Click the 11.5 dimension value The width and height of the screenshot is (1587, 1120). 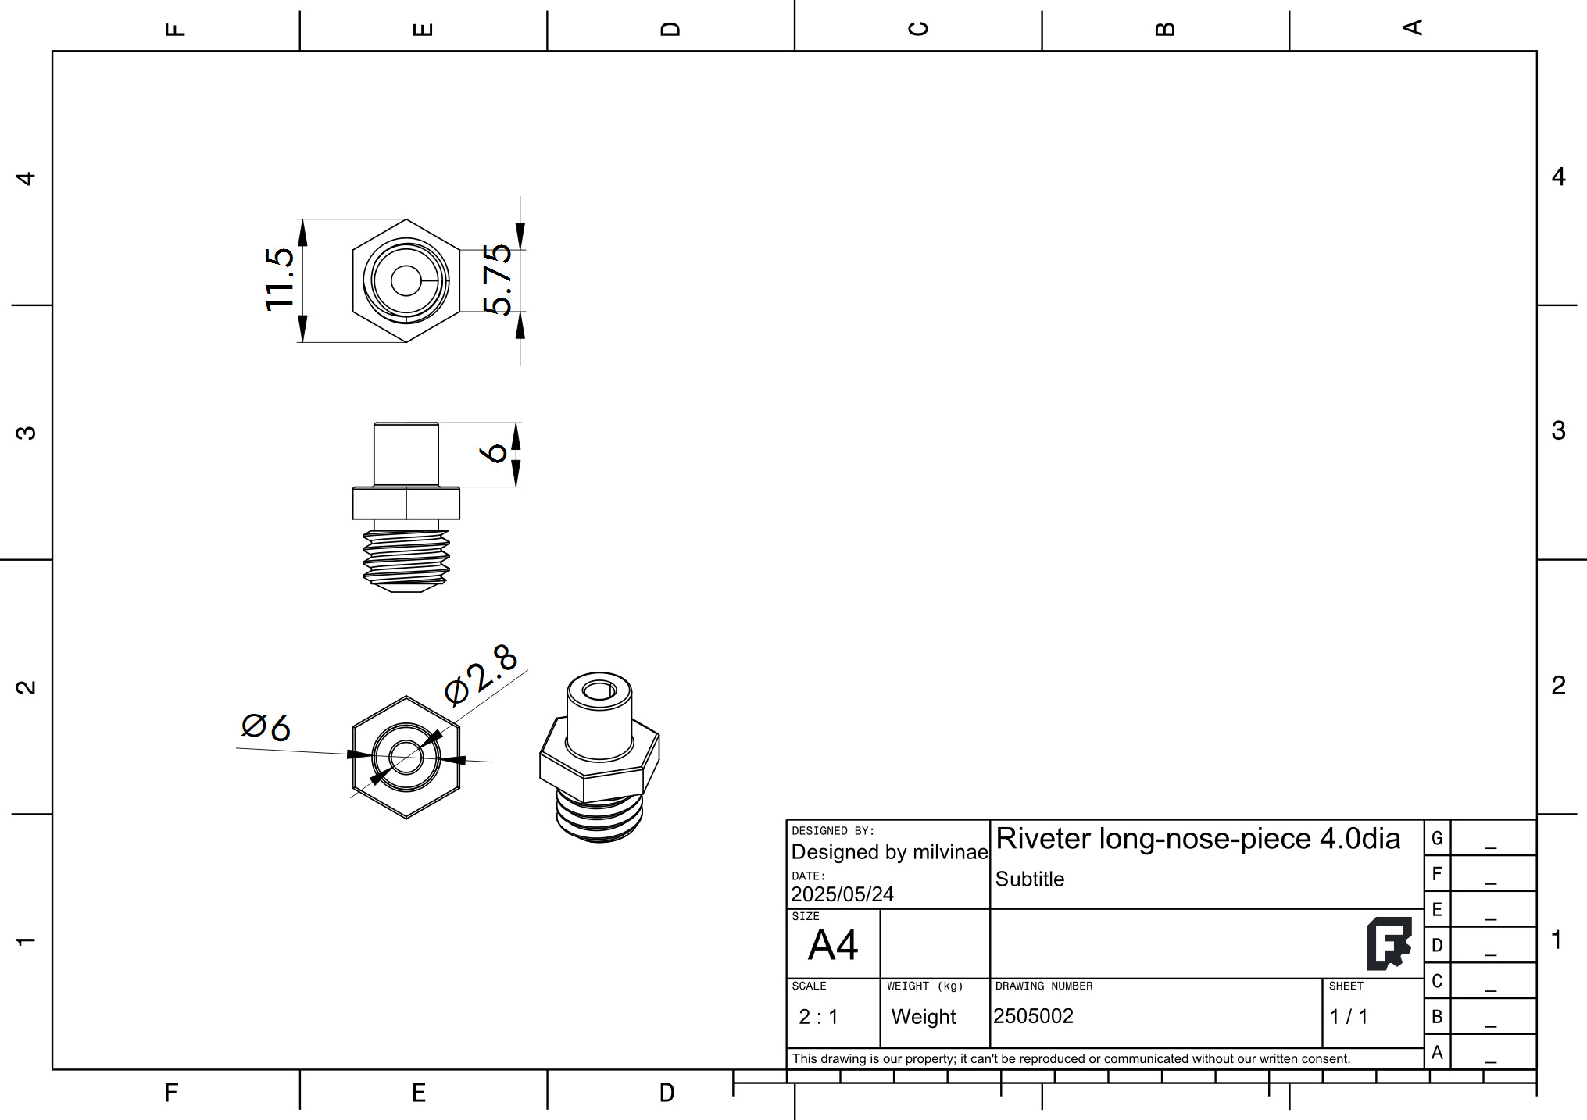pos(279,280)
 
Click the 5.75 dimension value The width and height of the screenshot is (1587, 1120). pos(497,280)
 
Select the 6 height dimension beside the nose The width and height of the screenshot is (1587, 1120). pos(495,453)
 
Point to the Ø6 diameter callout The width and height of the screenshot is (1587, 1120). pos(266,726)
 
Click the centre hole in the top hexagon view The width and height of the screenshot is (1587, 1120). pos(406,280)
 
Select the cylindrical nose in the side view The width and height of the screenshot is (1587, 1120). pos(406,455)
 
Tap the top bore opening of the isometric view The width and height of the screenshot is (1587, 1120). pos(599,690)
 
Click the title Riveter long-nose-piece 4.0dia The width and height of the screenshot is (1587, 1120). pos(1198,839)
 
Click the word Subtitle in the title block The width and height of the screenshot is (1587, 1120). pos(1029,879)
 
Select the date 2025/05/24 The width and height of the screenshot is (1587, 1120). pos(842,894)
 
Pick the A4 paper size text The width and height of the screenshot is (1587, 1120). pos(833,946)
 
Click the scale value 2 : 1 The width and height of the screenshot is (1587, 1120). pos(818,1017)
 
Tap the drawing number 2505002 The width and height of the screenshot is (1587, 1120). pos(1033,1016)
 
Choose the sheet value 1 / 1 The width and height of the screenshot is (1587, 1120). pos(1349,1017)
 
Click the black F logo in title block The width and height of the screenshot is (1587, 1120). pos(1389,943)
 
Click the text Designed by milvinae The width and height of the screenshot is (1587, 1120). pos(889,852)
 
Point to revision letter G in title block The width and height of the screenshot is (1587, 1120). pos(1436,838)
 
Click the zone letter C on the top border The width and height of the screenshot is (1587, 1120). pos(918,29)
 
